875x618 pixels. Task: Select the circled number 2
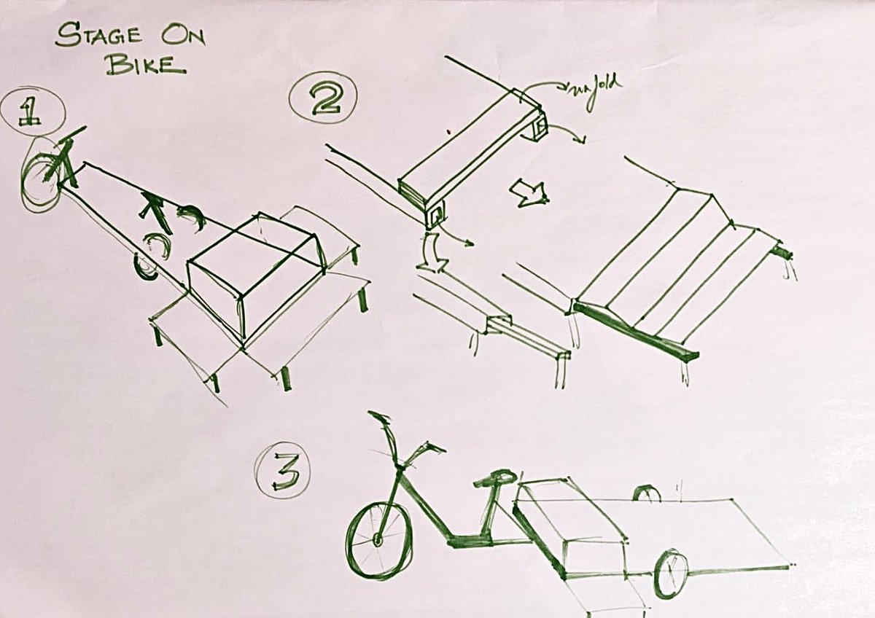(321, 101)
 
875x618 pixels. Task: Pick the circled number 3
(283, 473)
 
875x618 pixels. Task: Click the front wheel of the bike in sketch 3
(378, 540)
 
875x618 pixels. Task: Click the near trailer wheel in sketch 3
(670, 573)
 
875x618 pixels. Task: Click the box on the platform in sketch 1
(255, 273)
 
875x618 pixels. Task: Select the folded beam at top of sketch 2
(470, 146)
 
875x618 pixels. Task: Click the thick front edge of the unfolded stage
(634, 332)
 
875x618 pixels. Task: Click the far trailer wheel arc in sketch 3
(646, 494)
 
